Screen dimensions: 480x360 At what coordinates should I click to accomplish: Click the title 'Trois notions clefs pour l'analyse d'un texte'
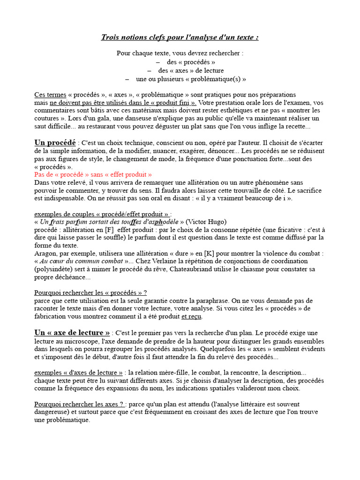pyautogui.click(x=180, y=37)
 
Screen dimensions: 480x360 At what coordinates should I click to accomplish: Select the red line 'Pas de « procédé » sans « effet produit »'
pyautogui.click(x=93, y=174)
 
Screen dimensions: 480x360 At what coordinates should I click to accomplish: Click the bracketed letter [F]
pyautogui.click(x=109, y=230)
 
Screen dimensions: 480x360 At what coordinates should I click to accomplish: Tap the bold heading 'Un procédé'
pyautogui.click(x=55, y=142)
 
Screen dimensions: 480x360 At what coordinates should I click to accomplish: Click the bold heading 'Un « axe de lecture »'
pyautogui.click(x=72, y=333)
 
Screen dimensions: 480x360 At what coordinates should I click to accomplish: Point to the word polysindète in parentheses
pyautogui.click(x=53, y=270)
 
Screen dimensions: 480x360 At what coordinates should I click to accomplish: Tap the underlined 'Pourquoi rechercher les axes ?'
pyautogui.click(x=80, y=404)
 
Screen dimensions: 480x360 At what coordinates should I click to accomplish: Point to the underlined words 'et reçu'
pyautogui.click(x=191, y=317)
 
